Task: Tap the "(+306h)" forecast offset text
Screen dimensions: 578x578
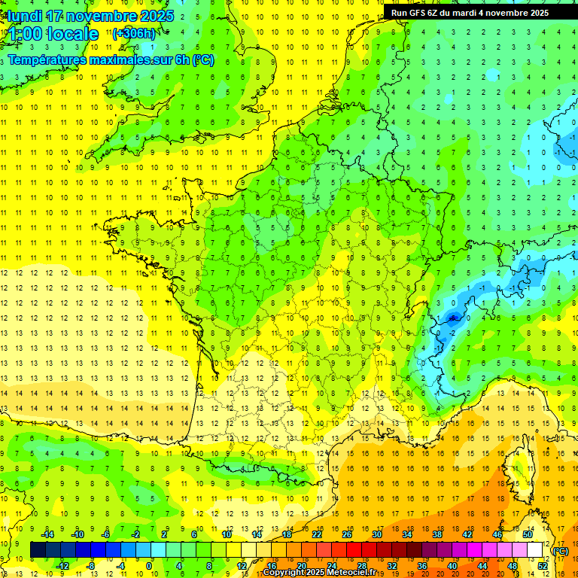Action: click(134, 33)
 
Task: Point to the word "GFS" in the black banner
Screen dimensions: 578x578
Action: click(419, 13)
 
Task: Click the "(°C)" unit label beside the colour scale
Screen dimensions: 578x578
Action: click(560, 550)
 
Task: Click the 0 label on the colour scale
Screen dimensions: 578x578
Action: click(149, 566)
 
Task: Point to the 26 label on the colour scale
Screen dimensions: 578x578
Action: click(347, 534)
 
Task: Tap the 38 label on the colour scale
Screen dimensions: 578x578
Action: click(437, 534)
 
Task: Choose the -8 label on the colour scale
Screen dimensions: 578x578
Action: click(91, 566)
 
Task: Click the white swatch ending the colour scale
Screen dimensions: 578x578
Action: click(535, 550)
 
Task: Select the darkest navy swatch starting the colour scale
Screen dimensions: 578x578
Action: click(38, 550)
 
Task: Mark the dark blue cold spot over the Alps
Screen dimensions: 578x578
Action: click(452, 318)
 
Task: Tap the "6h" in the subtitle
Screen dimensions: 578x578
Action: click(181, 59)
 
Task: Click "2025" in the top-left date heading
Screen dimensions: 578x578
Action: click(157, 16)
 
